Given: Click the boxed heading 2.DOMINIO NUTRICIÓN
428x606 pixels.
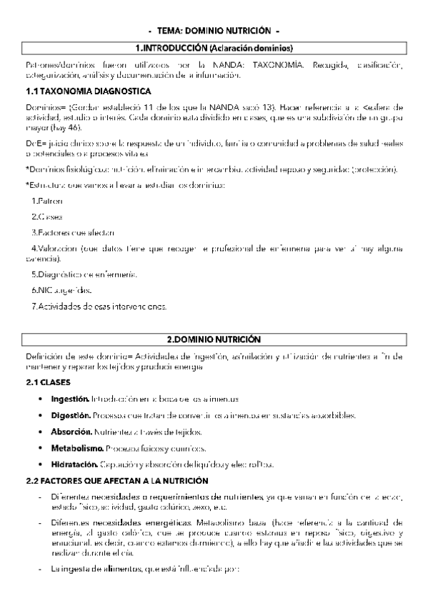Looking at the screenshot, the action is click(214, 339).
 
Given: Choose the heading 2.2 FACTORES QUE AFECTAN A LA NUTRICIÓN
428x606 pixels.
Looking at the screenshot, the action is click(116, 480).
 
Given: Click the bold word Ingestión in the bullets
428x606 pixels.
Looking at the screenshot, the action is click(69, 398).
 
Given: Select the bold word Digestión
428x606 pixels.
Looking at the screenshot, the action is click(70, 415).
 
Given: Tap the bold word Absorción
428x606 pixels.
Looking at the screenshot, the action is click(70, 432).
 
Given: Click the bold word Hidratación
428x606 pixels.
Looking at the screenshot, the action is click(74, 464).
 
